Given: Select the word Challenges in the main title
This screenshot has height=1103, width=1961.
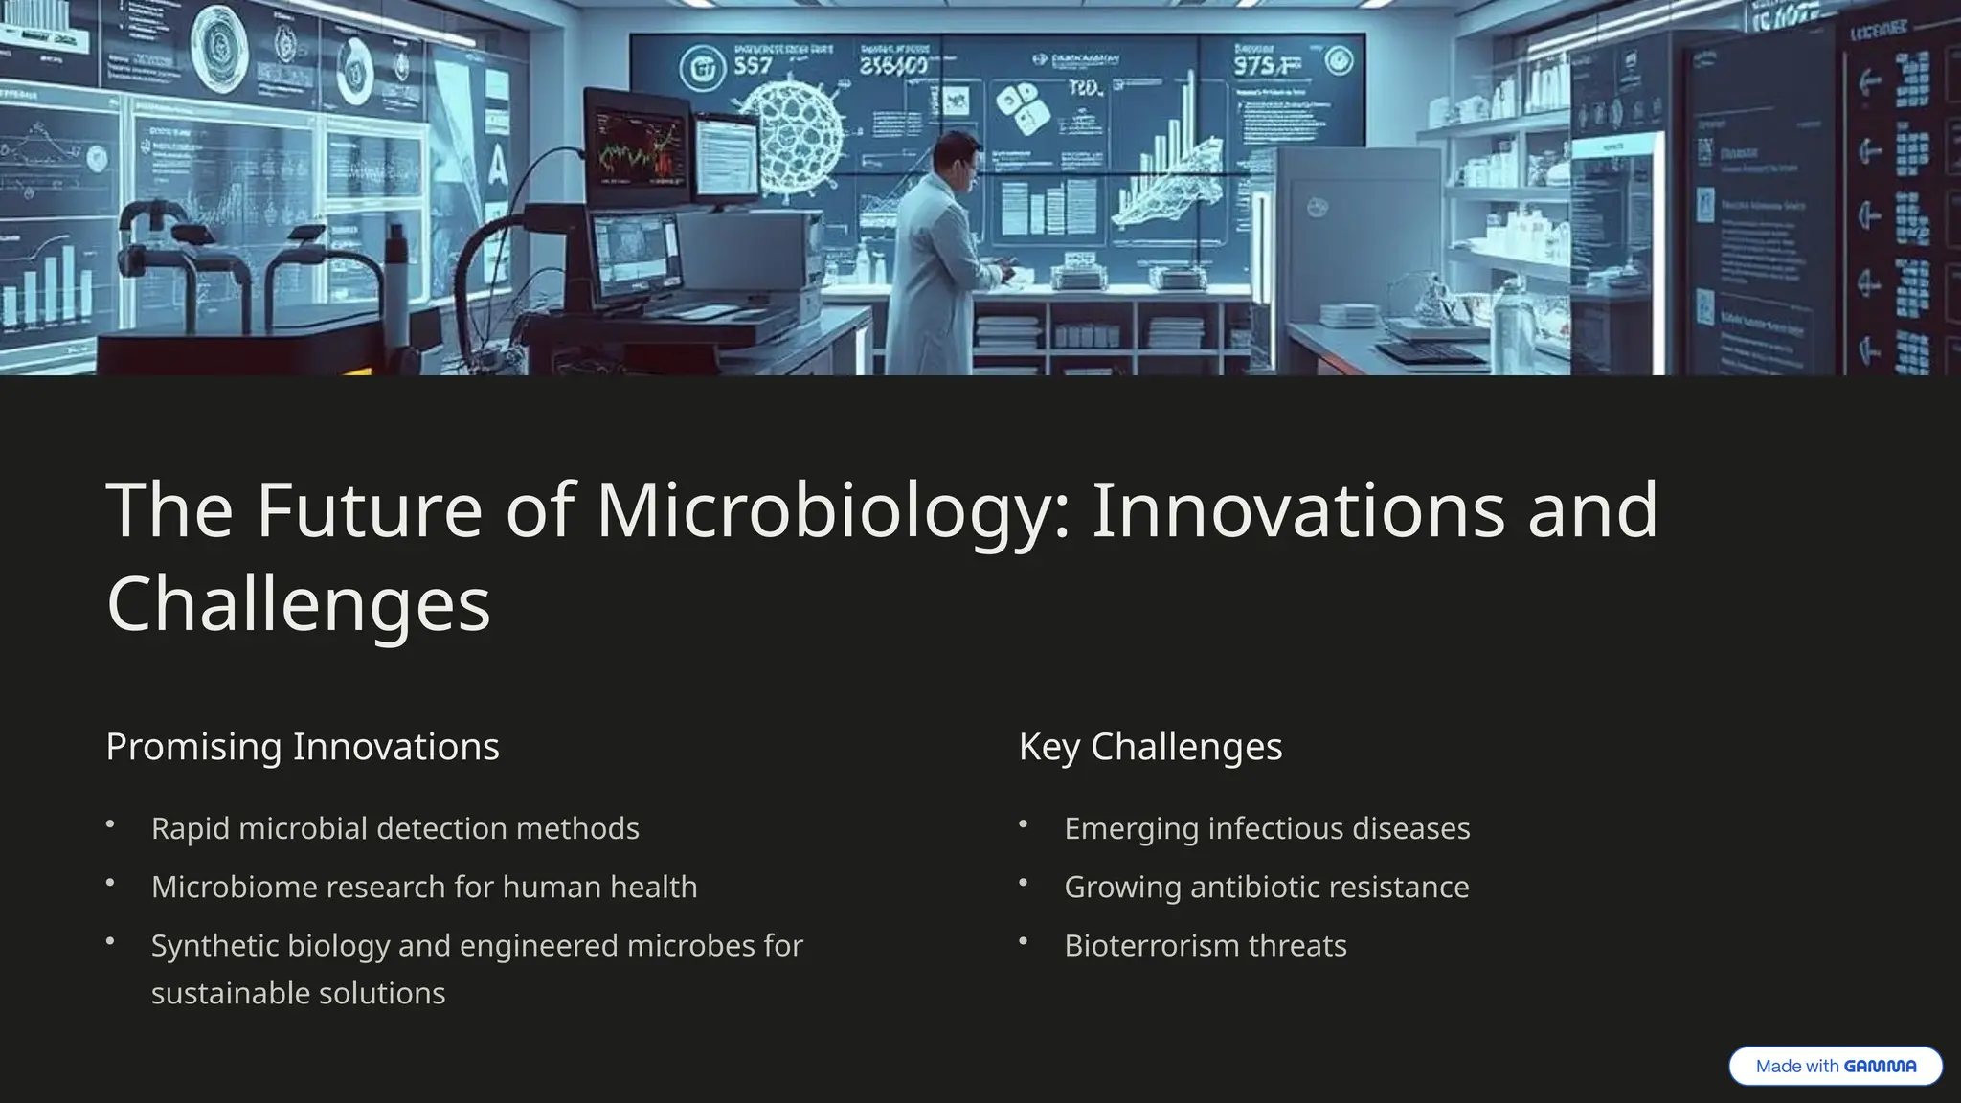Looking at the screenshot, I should (x=299, y=605).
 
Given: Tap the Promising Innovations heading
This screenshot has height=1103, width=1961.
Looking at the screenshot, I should (x=303, y=747).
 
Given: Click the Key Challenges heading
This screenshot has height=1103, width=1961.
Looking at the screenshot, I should (x=1150, y=747).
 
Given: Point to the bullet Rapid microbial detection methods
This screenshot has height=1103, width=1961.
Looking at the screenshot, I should (x=394, y=828).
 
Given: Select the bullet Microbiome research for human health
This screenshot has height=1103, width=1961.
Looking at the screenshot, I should (x=424, y=887).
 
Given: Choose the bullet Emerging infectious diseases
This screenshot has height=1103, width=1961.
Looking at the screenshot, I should (x=1267, y=828).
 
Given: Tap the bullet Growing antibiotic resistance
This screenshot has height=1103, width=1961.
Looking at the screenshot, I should (x=1266, y=887).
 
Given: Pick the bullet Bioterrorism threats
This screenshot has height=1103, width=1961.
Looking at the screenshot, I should (x=1205, y=946).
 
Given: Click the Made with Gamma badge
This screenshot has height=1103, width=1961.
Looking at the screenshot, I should (x=1835, y=1066).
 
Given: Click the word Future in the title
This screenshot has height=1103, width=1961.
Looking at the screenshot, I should (x=369, y=511).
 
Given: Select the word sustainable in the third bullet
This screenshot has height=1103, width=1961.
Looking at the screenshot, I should (x=230, y=994).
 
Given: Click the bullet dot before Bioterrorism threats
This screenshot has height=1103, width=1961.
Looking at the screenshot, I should (x=1023, y=942).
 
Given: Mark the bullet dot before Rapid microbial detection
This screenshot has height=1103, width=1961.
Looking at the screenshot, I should (x=110, y=824).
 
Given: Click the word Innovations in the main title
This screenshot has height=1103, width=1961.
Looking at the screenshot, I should (x=1297, y=511).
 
